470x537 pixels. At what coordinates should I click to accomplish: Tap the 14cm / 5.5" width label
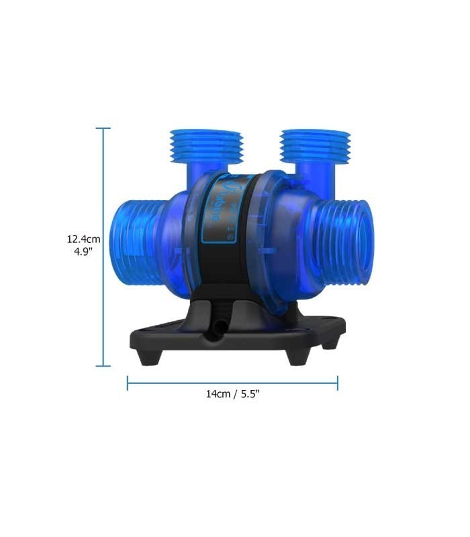(x=232, y=394)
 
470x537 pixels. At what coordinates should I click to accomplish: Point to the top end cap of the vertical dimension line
(x=103, y=128)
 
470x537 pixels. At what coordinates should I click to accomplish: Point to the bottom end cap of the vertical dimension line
(x=103, y=366)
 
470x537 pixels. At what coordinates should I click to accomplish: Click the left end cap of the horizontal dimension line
(x=128, y=383)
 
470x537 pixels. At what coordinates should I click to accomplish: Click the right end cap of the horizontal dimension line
(x=338, y=383)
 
